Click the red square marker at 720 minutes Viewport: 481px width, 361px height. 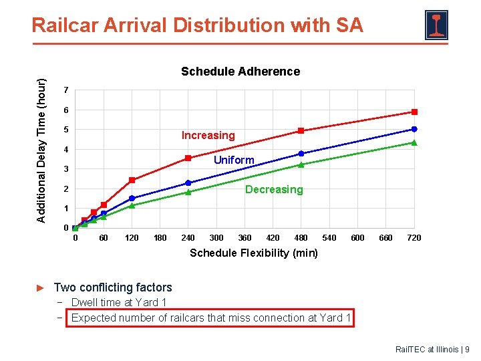tap(414, 112)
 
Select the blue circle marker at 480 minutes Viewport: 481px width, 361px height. tap(301, 154)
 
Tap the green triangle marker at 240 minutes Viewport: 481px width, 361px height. tap(188, 192)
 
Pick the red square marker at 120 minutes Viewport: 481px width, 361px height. tap(132, 180)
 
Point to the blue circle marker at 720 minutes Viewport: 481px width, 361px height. tap(414, 129)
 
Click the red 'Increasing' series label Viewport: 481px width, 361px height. tap(208, 135)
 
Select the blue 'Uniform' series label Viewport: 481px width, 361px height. tap(234, 160)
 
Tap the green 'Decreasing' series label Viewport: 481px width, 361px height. tap(275, 189)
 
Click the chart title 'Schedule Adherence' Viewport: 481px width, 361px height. tap(240, 72)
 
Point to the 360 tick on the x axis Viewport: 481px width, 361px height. tap(245, 237)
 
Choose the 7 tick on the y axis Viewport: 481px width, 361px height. tap(66, 90)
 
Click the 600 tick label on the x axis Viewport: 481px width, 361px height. tap(357, 237)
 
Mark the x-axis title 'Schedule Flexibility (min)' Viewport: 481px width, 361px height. tap(254, 253)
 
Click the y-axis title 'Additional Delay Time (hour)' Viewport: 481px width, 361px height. tap(41, 150)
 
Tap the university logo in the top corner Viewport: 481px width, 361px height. tap(436, 25)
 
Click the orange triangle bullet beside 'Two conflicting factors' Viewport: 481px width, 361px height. tap(40, 288)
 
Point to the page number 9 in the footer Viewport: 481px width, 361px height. tap(467, 350)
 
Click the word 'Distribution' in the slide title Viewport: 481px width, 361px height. tap(229, 25)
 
